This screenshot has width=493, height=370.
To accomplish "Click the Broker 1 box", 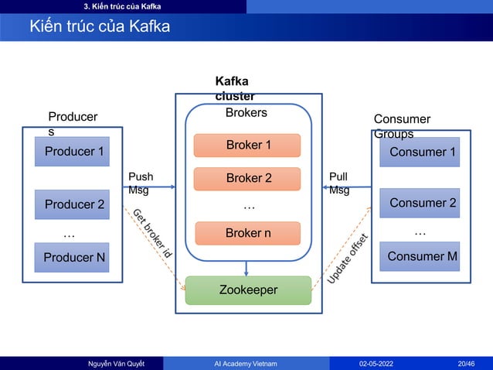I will [247, 145].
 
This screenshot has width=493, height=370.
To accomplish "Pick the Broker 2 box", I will [247, 178].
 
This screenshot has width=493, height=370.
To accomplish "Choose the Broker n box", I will [247, 233].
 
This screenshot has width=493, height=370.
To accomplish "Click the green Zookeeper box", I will [247, 290].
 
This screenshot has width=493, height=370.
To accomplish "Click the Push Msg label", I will [140, 183].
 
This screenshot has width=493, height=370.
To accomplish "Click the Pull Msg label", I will [339, 183].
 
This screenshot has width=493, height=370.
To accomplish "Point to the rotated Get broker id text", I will [151, 233].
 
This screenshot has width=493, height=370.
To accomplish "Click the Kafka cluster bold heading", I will [235, 88].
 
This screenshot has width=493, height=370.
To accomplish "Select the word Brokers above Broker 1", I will [246, 113].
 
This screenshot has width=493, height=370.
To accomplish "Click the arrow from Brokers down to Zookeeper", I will [246, 268].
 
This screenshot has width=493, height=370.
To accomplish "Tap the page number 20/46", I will [466, 363].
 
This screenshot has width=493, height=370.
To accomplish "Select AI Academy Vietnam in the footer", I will [246, 363].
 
